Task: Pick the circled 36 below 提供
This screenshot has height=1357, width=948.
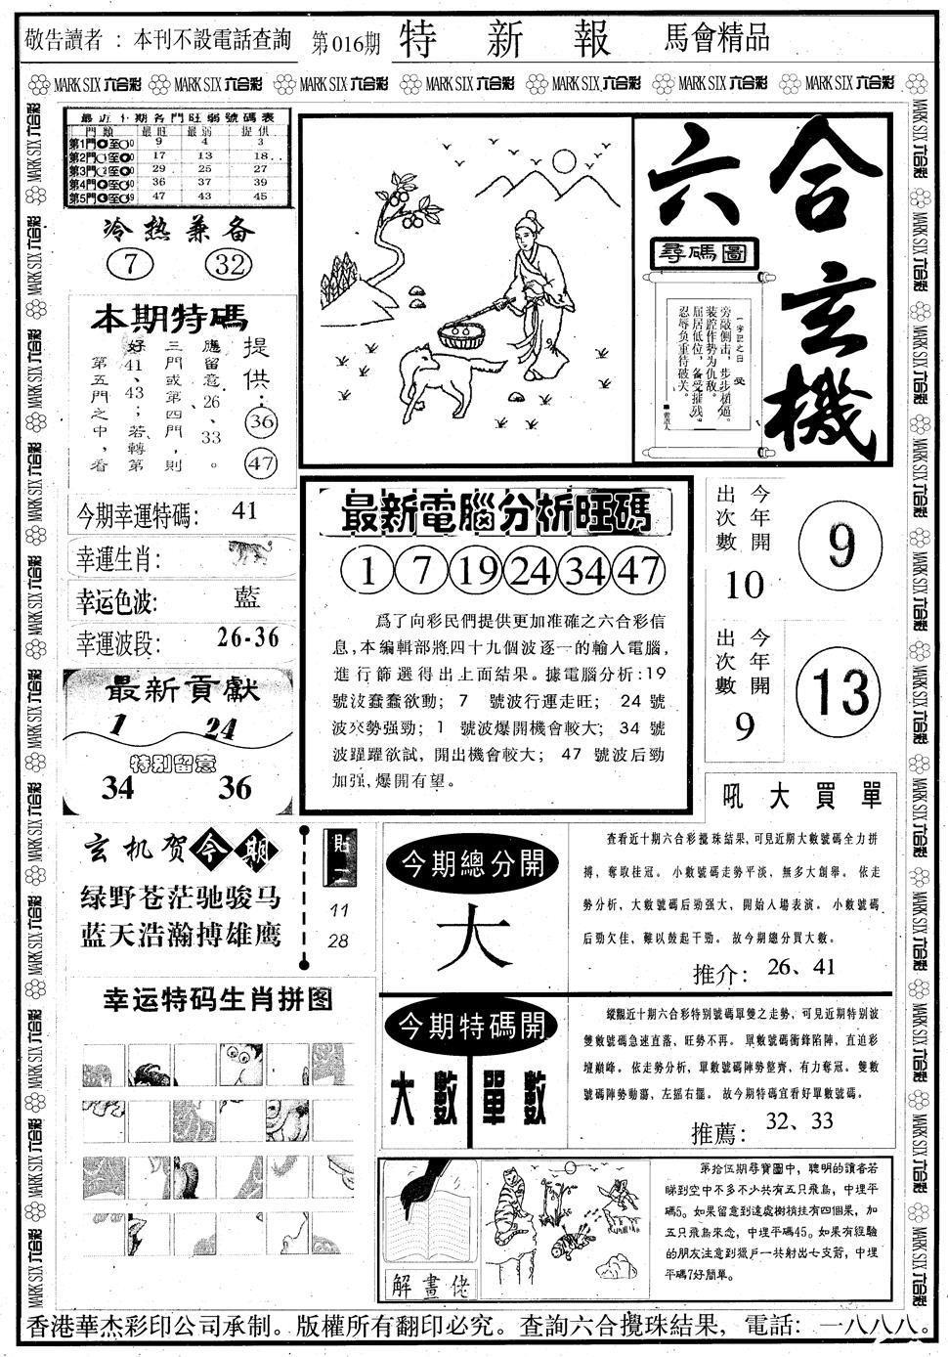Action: pos(261,421)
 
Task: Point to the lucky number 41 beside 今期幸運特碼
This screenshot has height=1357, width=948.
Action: pos(245,510)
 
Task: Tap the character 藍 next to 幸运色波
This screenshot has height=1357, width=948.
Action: pos(247,596)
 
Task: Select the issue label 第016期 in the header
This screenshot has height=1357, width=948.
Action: pos(345,41)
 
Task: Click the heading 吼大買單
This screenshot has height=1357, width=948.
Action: pos(795,796)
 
